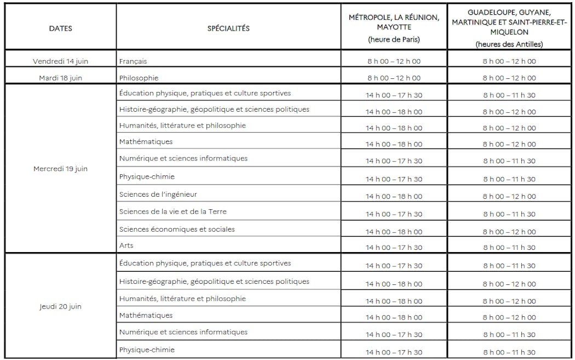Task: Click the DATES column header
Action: pyautogui.click(x=60, y=28)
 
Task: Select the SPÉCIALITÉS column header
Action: pyautogui.click(x=228, y=28)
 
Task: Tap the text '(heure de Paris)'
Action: pyautogui.click(x=394, y=39)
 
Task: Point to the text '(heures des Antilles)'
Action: pyautogui.click(x=509, y=44)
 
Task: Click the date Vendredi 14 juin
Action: pyautogui.click(x=60, y=61)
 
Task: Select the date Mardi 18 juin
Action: pyautogui.click(x=60, y=78)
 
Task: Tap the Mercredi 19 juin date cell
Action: pyautogui.click(x=60, y=169)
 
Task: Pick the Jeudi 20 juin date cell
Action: pyautogui.click(x=60, y=306)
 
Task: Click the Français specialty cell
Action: pyautogui.click(x=133, y=61)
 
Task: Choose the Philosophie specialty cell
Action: pyautogui.click(x=139, y=78)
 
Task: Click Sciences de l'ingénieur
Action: pyautogui.click(x=158, y=195)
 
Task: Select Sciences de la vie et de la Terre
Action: pyautogui.click(x=173, y=212)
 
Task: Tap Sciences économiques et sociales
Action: pyautogui.click(x=177, y=229)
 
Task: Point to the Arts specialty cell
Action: pyautogui.click(x=126, y=245)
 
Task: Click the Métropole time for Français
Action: pyautogui.click(x=394, y=61)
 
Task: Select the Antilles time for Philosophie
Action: pyautogui.click(x=509, y=78)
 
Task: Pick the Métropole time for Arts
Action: pyautogui.click(x=394, y=248)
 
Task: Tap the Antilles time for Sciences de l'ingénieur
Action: pyautogui.click(x=509, y=196)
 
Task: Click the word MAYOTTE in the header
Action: pyautogui.click(x=394, y=27)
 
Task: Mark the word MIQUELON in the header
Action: pyautogui.click(x=509, y=32)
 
